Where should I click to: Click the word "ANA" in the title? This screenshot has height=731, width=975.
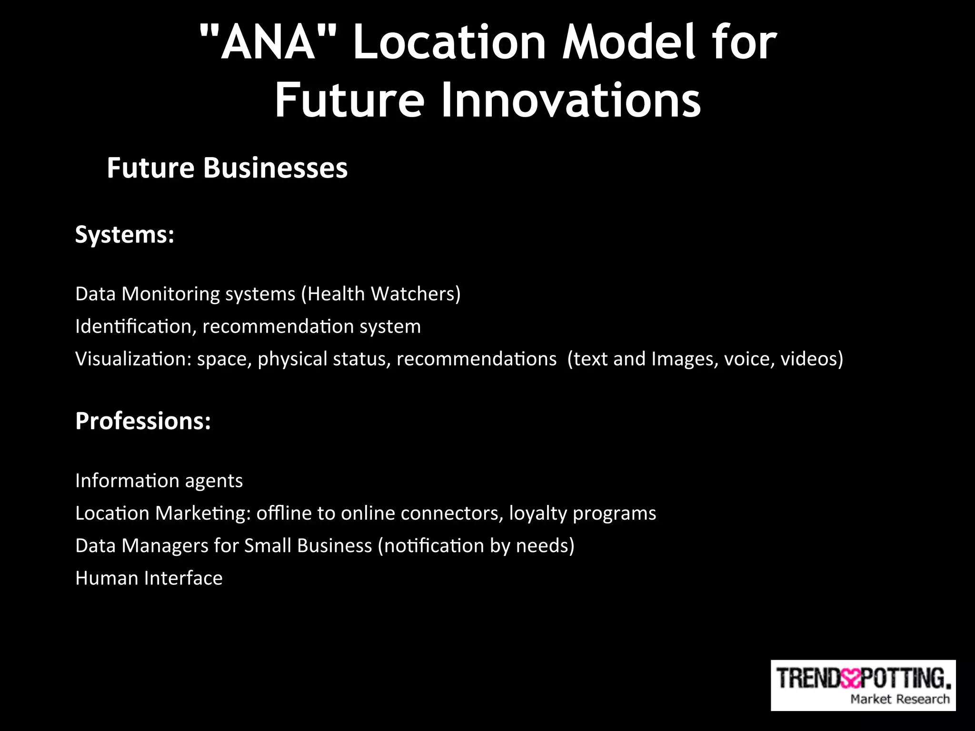pyautogui.click(x=269, y=43)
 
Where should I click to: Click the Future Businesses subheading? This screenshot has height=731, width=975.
pyautogui.click(x=227, y=168)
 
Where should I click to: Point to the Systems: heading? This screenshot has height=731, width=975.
pyautogui.click(x=125, y=235)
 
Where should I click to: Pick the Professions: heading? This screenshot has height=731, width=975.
pyautogui.click(x=143, y=421)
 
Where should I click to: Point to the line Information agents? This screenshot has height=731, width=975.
pyautogui.click(x=159, y=481)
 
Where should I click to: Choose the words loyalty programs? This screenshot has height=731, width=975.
pyautogui.click(x=582, y=514)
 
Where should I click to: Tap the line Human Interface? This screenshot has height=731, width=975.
pyautogui.click(x=149, y=578)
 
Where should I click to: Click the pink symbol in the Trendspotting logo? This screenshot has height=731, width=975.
pyautogui.click(x=851, y=679)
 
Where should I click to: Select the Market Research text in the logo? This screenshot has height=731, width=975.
pyautogui.click(x=899, y=699)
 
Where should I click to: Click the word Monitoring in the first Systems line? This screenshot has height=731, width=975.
pyautogui.click(x=170, y=294)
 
